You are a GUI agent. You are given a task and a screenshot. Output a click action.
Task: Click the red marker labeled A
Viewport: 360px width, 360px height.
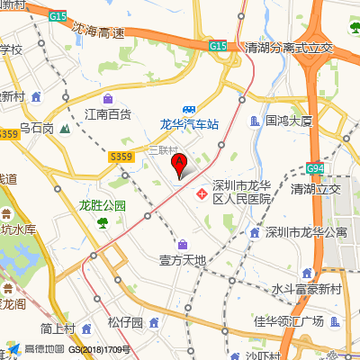click(179, 166)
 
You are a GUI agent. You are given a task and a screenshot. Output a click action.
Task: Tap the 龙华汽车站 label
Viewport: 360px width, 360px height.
click(190, 124)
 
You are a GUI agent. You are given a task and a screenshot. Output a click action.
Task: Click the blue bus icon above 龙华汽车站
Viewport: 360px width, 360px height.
click(190, 108)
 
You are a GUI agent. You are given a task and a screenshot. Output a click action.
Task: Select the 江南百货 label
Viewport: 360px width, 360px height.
click(108, 114)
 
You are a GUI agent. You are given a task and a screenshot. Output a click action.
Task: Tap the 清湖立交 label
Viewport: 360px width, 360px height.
click(315, 189)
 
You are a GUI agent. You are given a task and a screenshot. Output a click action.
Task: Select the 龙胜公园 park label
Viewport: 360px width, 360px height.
click(102, 205)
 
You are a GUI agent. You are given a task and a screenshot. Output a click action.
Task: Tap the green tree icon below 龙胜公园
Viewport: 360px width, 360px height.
click(103, 221)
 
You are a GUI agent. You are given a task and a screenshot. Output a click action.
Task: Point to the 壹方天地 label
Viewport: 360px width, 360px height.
click(183, 261)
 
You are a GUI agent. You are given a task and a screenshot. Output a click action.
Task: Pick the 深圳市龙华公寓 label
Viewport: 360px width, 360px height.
click(306, 232)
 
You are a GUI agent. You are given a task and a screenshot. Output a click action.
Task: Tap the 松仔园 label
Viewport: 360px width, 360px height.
click(125, 322)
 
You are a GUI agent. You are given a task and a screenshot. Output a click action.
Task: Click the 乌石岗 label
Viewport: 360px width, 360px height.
click(37, 128)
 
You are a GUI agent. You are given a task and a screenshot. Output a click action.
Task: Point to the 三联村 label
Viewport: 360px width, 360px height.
click(163, 149)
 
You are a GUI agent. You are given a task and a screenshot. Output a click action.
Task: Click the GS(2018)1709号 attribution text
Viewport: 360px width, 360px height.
click(102, 349)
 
